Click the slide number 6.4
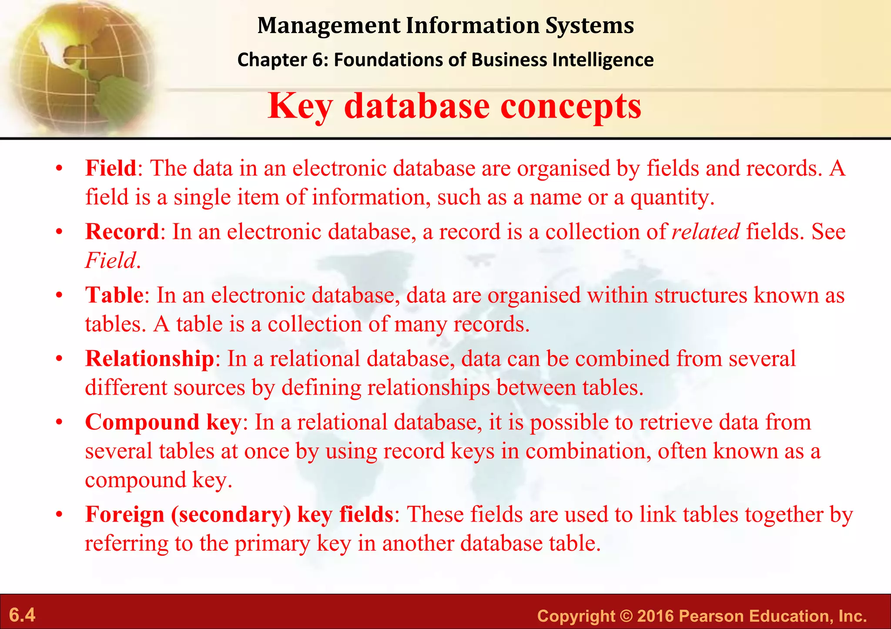22,615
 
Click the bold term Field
111,168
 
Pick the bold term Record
122,231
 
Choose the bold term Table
114,295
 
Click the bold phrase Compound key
163,422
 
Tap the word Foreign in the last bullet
124,514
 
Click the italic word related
705,231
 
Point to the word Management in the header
328,25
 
